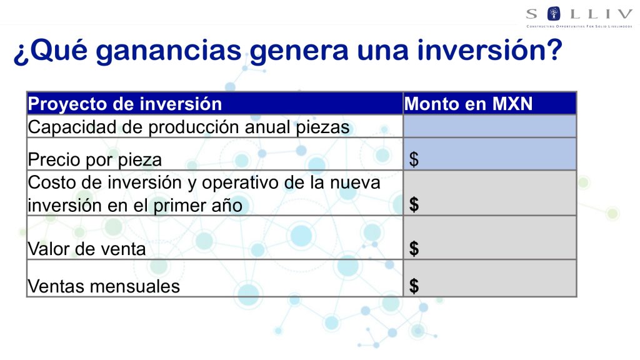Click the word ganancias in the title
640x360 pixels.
tap(169, 52)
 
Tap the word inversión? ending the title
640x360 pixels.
tap(490, 50)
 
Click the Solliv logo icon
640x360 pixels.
tap(554, 14)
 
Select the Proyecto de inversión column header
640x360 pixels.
tap(125, 104)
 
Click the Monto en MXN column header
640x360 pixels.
tap(468, 104)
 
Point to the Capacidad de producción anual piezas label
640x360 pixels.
tap(189, 127)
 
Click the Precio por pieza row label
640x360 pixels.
tap(95, 159)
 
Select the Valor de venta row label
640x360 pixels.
tap(86, 249)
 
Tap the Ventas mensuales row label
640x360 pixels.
tap(104, 286)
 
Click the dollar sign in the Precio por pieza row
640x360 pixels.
tap(414, 159)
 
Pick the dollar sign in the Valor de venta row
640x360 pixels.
tap(414, 248)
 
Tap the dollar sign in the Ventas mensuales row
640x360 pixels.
tap(414, 286)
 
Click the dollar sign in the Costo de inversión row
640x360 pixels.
tap(414, 204)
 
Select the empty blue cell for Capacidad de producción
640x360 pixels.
tap(490, 126)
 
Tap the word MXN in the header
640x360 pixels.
tap(512, 104)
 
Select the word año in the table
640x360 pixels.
tap(227, 205)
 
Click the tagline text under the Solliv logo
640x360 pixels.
tap(579, 26)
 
